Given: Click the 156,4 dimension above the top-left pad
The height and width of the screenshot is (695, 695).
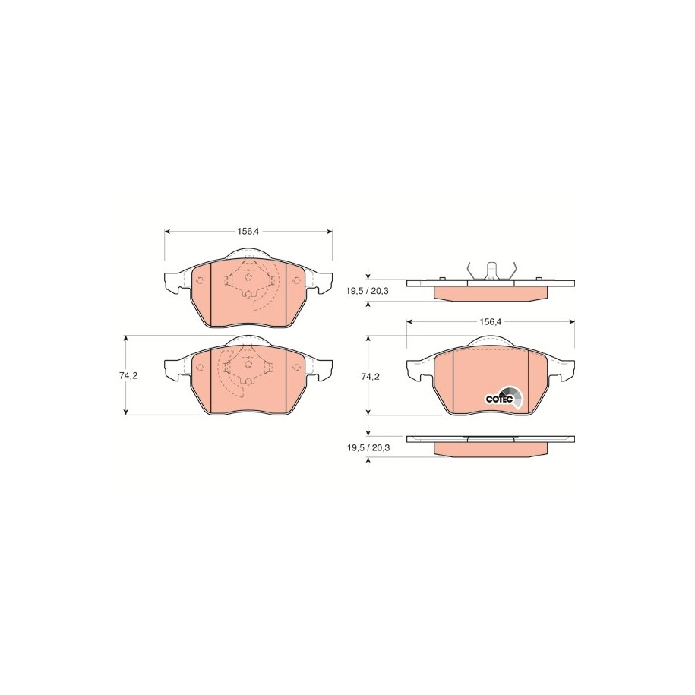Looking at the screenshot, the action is (248, 231).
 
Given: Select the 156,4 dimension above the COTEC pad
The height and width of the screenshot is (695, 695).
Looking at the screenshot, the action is (490, 322).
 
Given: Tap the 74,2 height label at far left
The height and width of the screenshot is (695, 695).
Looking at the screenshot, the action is (128, 375).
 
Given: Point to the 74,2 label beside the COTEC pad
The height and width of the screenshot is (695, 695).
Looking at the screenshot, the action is (371, 377).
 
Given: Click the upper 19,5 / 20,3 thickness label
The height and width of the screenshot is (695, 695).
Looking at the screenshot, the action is (368, 291).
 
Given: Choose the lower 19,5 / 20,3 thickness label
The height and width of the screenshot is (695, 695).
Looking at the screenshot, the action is (368, 447).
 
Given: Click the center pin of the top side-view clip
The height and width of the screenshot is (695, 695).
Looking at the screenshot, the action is (491, 271).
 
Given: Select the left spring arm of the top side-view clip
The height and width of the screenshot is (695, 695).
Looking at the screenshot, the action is (471, 271).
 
